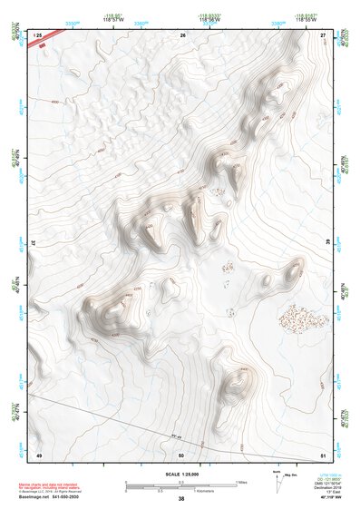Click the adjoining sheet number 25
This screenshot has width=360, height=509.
tap(38, 34)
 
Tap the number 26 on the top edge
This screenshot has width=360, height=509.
tap(182, 34)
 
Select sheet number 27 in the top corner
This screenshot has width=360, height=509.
tap(323, 34)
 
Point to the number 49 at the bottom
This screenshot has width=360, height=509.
tap(39, 454)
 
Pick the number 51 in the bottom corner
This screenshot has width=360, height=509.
tap(323, 454)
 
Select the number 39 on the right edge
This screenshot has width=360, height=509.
tap(326, 243)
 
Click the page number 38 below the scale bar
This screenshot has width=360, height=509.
tap(181, 499)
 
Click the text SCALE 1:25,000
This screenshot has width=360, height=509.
tap(181, 474)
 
